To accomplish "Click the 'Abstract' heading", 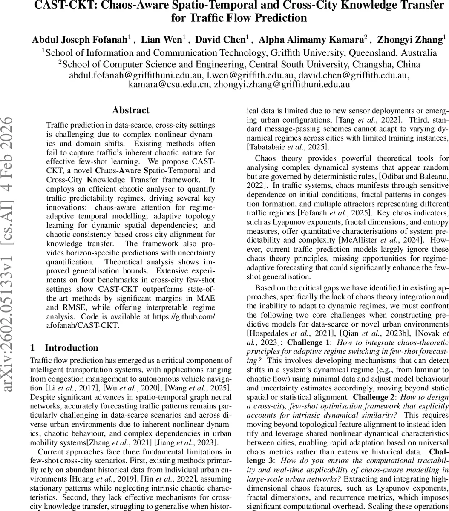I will click(131, 110).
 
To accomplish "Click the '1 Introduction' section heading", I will click(64, 348).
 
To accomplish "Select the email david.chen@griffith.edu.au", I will click(354, 75).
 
